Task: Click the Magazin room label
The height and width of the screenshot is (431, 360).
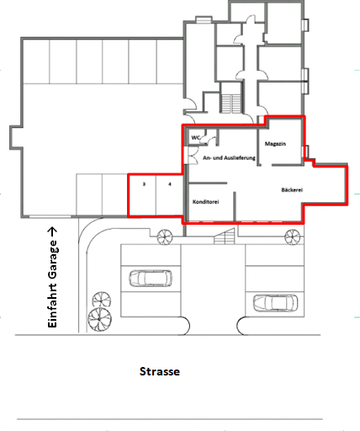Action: pyautogui.click(x=275, y=144)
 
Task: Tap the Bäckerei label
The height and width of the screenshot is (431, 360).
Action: pyautogui.click(x=292, y=190)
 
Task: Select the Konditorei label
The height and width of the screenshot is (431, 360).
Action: pyautogui.click(x=205, y=202)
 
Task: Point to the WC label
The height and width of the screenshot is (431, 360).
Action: pyautogui.click(x=196, y=137)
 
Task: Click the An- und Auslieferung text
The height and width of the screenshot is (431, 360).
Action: pyautogui.click(x=229, y=157)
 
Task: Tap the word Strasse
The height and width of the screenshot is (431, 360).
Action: pyautogui.click(x=160, y=371)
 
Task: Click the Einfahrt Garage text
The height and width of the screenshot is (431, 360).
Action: pyautogui.click(x=52, y=284)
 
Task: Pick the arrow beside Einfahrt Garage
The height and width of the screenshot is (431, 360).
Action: pyautogui.click(x=52, y=231)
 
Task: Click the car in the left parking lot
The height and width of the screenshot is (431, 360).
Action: pyautogui.click(x=151, y=278)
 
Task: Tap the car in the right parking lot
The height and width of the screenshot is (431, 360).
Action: pyautogui.click(x=275, y=303)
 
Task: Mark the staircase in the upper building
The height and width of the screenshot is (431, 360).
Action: pyautogui.click(x=231, y=104)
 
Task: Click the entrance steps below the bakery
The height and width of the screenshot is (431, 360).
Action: pyautogui.click(x=225, y=237)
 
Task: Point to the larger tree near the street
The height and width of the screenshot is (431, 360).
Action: pyautogui.click(x=100, y=319)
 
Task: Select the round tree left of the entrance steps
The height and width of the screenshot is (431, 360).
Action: pyautogui.click(x=165, y=237)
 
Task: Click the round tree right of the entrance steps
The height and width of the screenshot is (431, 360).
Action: pyautogui.click(x=293, y=237)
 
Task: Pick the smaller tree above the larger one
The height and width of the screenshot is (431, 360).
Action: pyautogui.click(x=102, y=300)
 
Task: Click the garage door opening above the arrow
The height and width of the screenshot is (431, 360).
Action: pyautogui.click(x=50, y=216)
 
